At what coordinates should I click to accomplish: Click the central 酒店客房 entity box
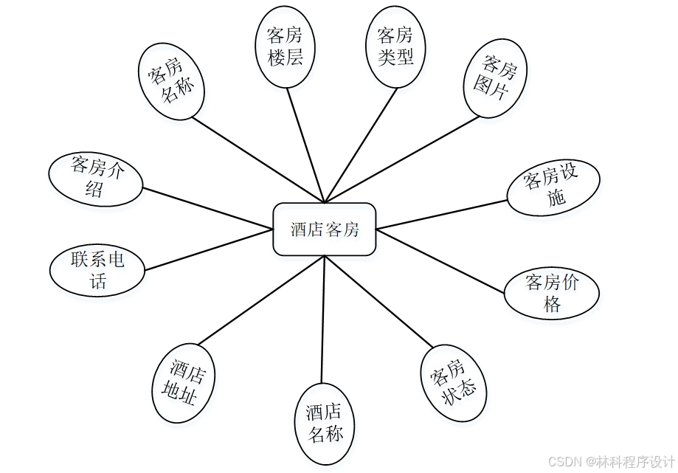325,229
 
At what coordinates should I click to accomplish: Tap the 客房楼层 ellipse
286,47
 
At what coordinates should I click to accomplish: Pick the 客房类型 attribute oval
395,46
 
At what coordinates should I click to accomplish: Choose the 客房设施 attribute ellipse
553,187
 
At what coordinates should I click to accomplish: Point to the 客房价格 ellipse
552,293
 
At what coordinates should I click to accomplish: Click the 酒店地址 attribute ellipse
183,384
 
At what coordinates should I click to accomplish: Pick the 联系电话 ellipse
97,270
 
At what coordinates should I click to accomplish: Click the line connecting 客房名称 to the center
258,159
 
